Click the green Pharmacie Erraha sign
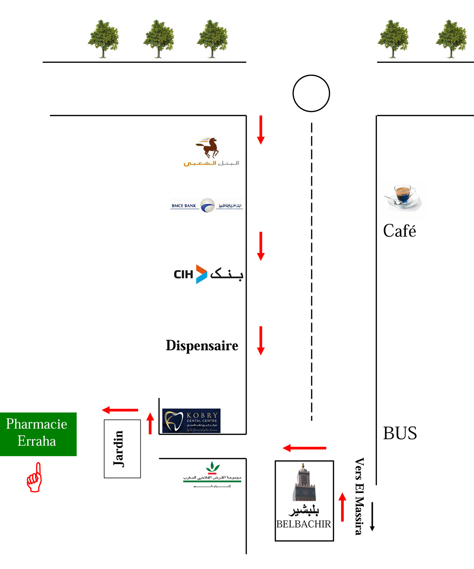tap(38, 434)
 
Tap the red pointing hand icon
tap(34, 477)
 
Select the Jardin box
tap(122, 449)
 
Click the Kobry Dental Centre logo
tap(191, 421)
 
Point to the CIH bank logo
tap(208, 274)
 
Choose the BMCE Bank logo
tap(207, 205)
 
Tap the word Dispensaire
tap(202, 345)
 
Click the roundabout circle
tap(311, 93)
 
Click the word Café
tap(399, 231)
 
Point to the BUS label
tap(400, 433)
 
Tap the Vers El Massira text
tap(359, 496)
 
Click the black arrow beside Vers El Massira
tap(372, 516)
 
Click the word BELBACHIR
tap(303, 524)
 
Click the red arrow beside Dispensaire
tap(261, 341)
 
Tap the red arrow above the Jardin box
tap(120, 410)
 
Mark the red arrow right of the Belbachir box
tap(342, 507)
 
